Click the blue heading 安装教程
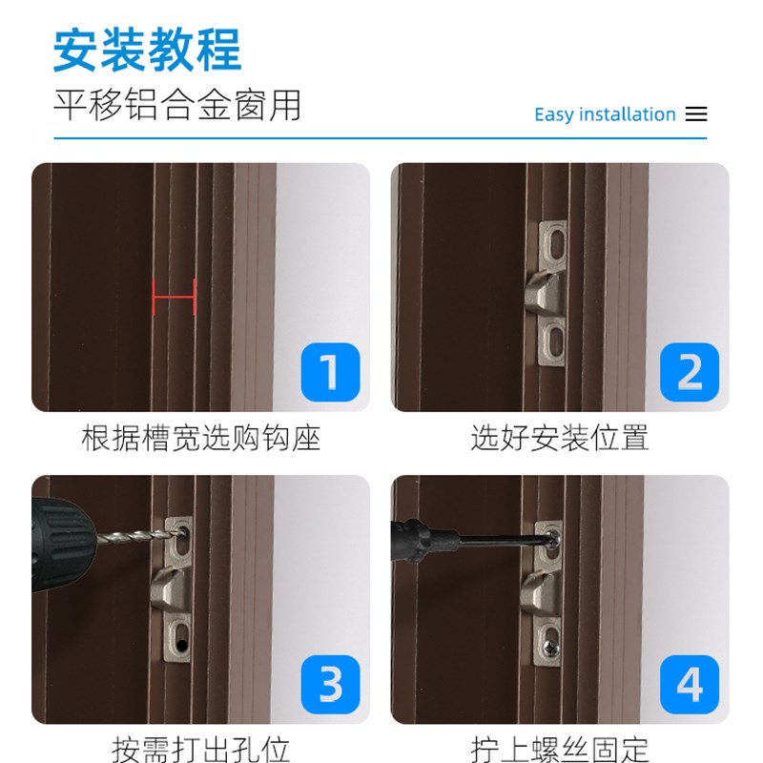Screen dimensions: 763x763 pyautogui.click(x=147, y=50)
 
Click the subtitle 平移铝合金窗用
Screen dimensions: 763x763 pyautogui.click(x=176, y=105)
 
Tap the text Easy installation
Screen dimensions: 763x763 pyautogui.click(x=605, y=114)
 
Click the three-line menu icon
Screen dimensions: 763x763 pyautogui.click(x=697, y=114)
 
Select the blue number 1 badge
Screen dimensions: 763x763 pyautogui.click(x=330, y=372)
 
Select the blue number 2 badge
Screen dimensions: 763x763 pyautogui.click(x=690, y=372)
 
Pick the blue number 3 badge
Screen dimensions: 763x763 pyautogui.click(x=330, y=685)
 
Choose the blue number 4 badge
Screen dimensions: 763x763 pyautogui.click(x=690, y=685)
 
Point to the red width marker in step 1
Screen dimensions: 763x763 pyautogui.click(x=175, y=297)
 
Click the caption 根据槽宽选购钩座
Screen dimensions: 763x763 pyautogui.click(x=200, y=439)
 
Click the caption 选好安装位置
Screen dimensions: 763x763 pyautogui.click(x=560, y=439)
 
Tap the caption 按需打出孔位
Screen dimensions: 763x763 pyautogui.click(x=200, y=749)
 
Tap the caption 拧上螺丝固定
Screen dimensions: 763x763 pyautogui.click(x=560, y=749)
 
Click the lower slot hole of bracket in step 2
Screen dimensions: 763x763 pyautogui.click(x=554, y=341)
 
